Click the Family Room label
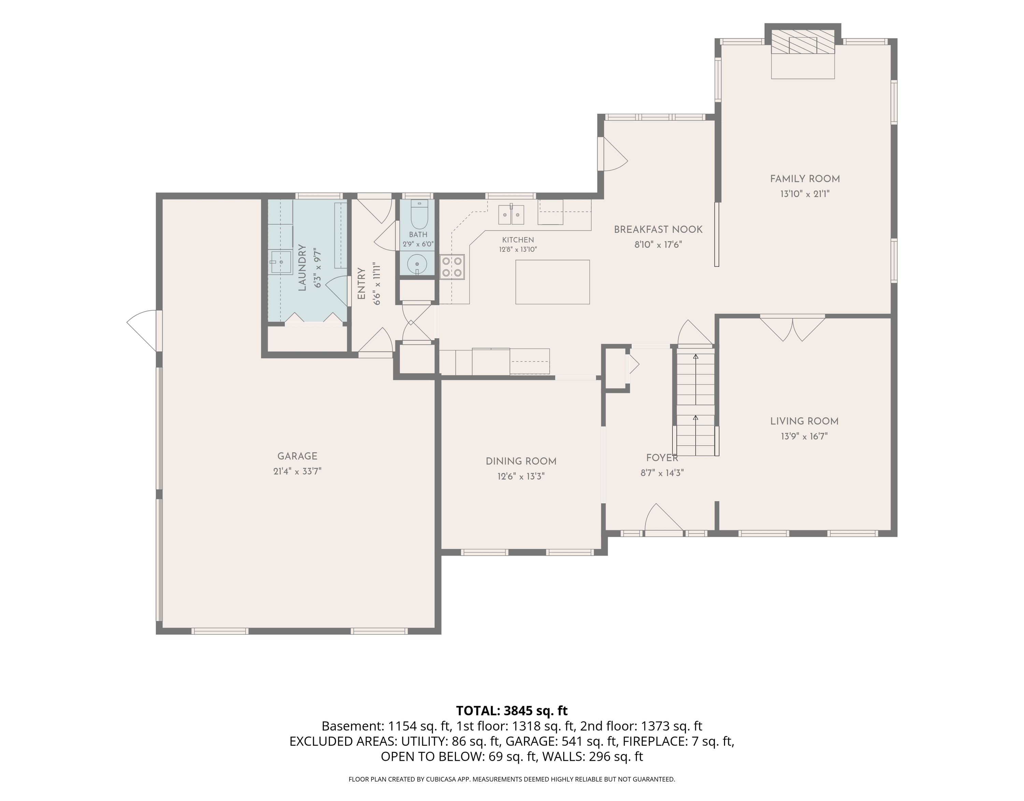click(x=805, y=179)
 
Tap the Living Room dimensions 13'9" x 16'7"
click(x=804, y=436)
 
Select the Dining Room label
click(x=521, y=462)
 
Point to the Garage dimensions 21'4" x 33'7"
click(x=297, y=471)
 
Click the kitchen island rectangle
click(x=552, y=282)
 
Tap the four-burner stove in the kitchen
click(x=452, y=267)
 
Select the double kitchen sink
click(x=511, y=214)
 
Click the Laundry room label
click(x=302, y=268)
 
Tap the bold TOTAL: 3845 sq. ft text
click(x=512, y=711)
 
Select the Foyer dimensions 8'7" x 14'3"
click(x=662, y=473)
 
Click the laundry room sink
click(x=280, y=262)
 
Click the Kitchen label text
click(x=518, y=240)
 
